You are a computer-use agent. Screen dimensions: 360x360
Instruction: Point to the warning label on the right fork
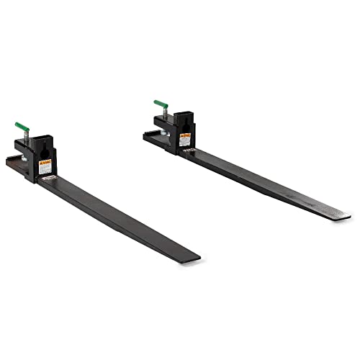185,139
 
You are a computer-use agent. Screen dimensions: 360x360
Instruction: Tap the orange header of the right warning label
185,135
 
